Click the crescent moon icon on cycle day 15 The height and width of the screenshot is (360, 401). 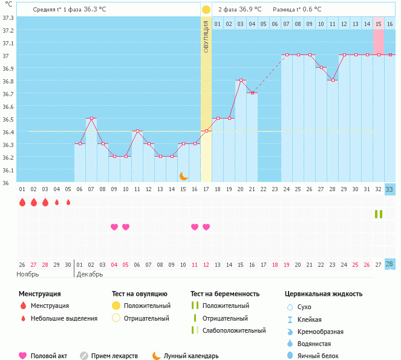point(183,176)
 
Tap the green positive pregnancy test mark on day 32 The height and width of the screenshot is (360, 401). point(379,214)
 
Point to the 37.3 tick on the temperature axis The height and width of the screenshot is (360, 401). point(8,18)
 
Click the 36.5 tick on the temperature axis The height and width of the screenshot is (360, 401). point(8,119)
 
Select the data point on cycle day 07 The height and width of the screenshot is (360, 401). point(91,119)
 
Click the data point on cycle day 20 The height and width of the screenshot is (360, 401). point(241,80)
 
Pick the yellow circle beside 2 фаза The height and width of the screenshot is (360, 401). point(206,10)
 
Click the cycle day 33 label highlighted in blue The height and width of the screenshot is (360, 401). point(390,189)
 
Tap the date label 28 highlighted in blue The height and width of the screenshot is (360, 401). point(390,264)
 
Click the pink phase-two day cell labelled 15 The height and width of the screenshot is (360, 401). point(379,24)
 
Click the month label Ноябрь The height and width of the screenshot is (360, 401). point(28,274)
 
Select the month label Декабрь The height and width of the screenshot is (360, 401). point(91,274)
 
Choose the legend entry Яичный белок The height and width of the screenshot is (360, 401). point(322,356)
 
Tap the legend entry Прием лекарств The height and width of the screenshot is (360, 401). point(114,356)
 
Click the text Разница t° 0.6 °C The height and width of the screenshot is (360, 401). point(296,10)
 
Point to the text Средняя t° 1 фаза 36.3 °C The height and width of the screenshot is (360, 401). point(70,10)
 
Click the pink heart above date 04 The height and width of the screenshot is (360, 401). point(114,227)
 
